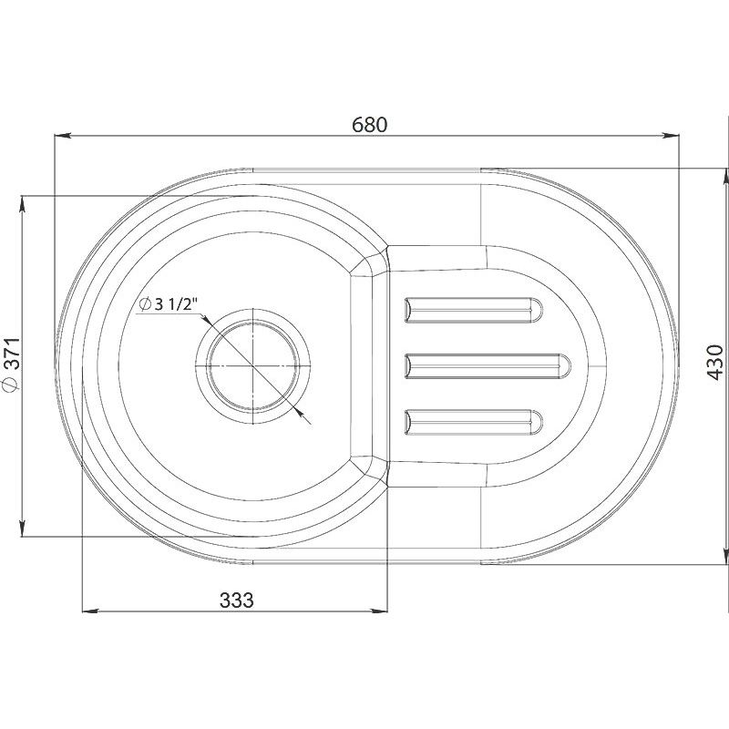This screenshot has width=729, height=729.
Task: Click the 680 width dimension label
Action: coord(369,125)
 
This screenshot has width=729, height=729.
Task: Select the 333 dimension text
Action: coord(237,601)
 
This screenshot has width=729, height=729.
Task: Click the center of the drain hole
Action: coord(253,366)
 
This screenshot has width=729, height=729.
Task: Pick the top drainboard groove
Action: coord(473,310)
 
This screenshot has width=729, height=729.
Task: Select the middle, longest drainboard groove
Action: coord(488,366)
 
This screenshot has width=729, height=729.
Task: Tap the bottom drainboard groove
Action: coord(473,423)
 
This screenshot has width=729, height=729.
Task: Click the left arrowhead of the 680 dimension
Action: coord(62,136)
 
